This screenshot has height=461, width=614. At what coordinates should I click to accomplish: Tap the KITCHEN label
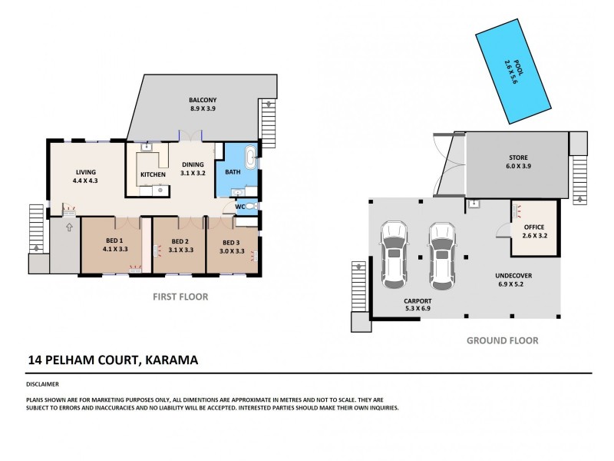[153, 174]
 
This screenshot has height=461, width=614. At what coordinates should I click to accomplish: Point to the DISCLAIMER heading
[43, 383]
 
